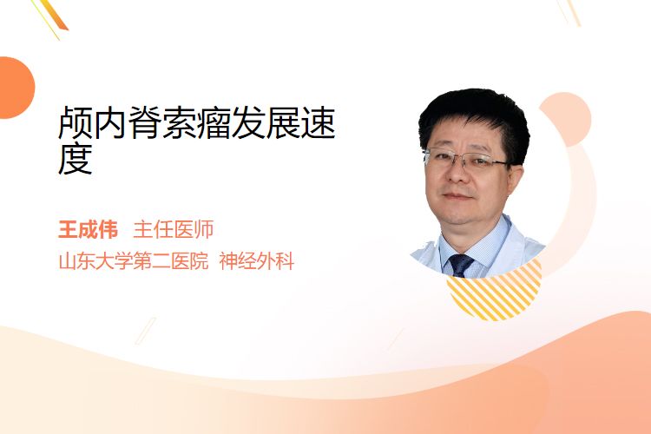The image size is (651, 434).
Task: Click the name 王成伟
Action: pyautogui.click(x=88, y=230)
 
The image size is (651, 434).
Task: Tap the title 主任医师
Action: pyautogui.click(x=173, y=230)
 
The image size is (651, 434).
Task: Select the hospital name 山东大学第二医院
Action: pyautogui.click(x=134, y=261)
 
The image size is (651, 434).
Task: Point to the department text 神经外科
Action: pyautogui.click(x=257, y=261)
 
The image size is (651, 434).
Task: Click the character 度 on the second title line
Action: pyautogui.click(x=76, y=160)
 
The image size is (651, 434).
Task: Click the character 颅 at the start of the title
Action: pyautogui.click(x=76, y=123)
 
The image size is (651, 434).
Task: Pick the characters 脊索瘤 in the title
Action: pyautogui.click(x=180, y=123)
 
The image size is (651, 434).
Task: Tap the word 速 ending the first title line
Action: pyautogui.click(x=318, y=123)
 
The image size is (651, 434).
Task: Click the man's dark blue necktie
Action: pyautogui.click(x=460, y=265)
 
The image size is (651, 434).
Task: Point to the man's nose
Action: pyautogui.click(x=457, y=174)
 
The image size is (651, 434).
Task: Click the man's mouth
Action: pyautogui.click(x=457, y=196)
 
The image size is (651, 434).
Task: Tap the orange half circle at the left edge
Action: pyautogui.click(x=16, y=88)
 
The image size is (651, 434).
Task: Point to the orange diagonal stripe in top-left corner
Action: pyautogui.click(x=54, y=15)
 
